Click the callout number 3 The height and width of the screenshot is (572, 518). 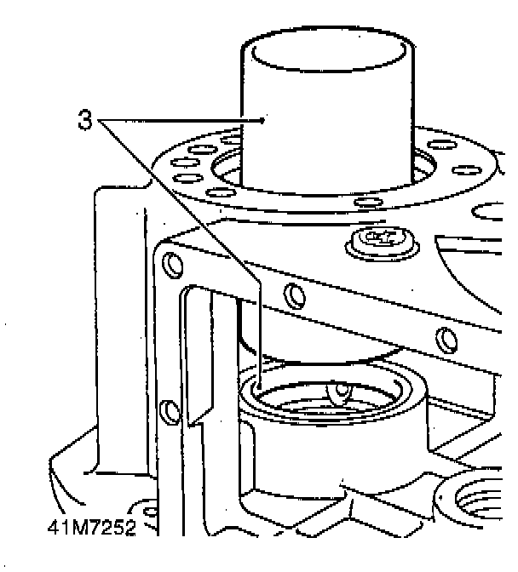pyautogui.click(x=84, y=121)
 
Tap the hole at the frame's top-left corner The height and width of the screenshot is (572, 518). pyautogui.click(x=173, y=265)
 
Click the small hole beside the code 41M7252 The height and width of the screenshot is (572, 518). pyautogui.click(x=149, y=513)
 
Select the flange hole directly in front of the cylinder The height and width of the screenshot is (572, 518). pyautogui.click(x=367, y=203)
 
